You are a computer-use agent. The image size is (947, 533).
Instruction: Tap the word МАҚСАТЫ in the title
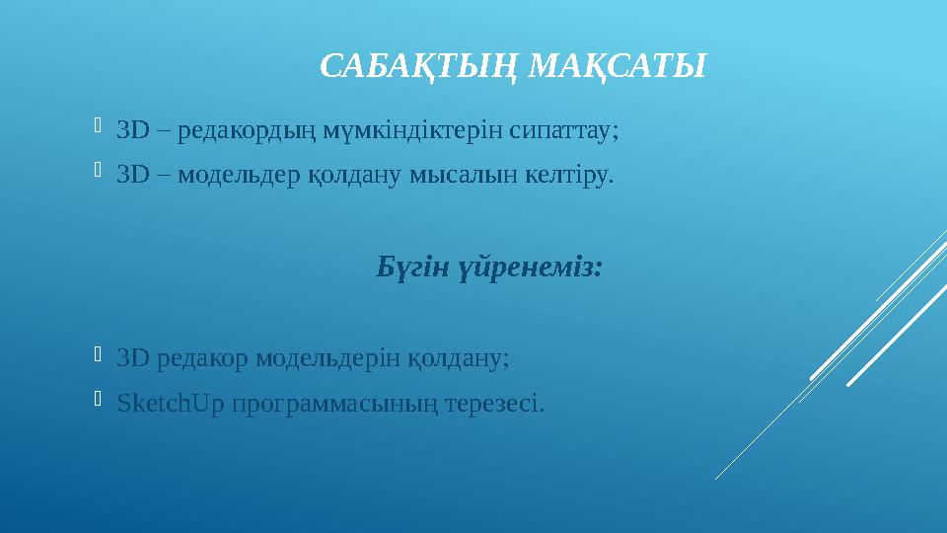pyautogui.click(x=619, y=66)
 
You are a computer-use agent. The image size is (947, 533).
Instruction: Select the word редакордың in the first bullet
pyautogui.click(x=242, y=130)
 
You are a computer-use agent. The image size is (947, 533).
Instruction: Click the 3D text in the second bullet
pyautogui.click(x=131, y=177)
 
